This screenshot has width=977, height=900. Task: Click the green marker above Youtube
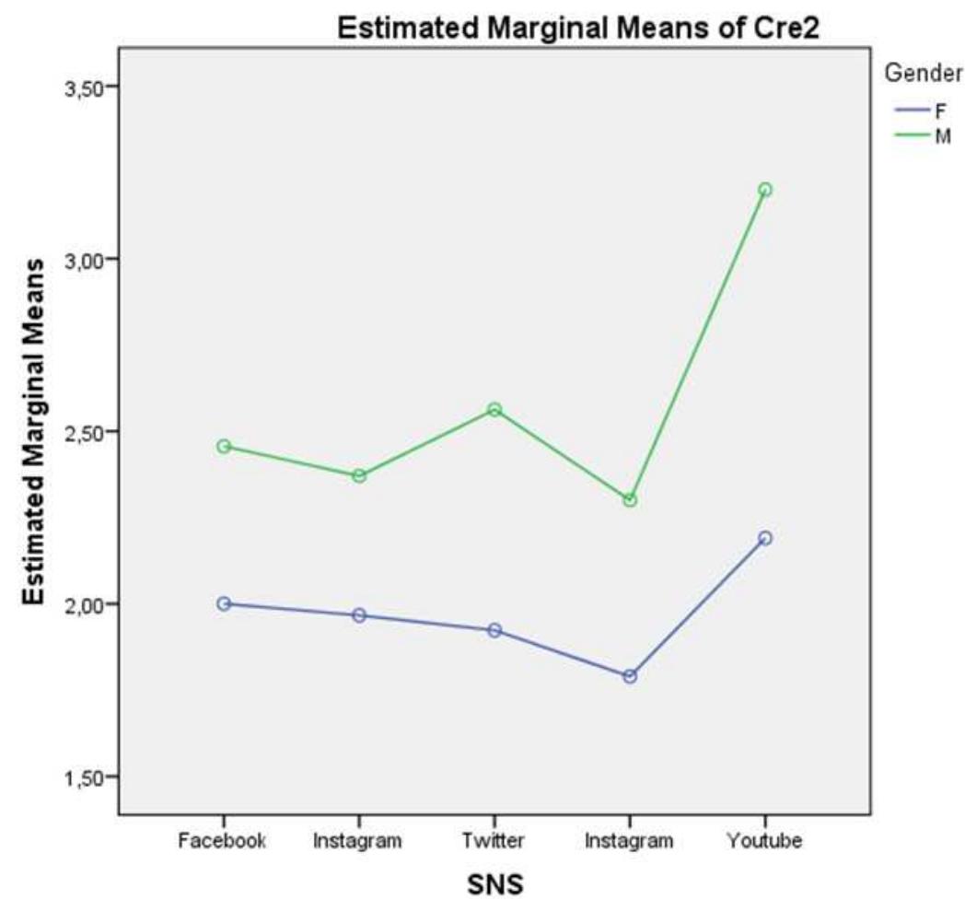coord(764,190)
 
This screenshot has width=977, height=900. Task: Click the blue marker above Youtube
coord(764,538)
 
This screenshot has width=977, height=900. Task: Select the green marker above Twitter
coord(494,410)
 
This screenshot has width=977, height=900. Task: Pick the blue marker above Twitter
coord(494,630)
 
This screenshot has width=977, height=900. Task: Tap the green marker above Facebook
coord(224,446)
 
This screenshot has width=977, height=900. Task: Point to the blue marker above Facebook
coord(224,603)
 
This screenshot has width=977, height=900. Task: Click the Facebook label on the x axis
coord(224,841)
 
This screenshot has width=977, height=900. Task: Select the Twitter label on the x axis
coord(494,841)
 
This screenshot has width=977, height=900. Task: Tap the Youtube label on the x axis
coord(764,841)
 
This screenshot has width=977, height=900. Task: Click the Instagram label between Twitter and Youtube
coord(629,841)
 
